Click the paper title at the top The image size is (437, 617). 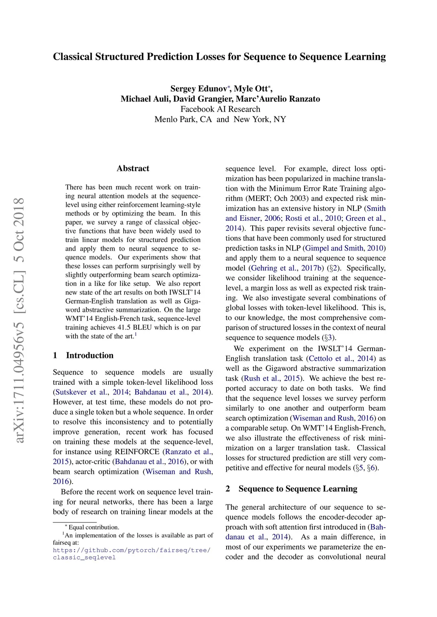tap(219, 57)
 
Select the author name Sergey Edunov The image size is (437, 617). tap(198, 89)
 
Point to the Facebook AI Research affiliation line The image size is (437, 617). tap(220, 109)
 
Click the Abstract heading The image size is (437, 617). tap(133, 168)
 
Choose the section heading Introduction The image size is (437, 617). tap(90, 355)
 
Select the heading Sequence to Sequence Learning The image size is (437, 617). tap(297, 489)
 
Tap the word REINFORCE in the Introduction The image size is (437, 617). tap(137, 452)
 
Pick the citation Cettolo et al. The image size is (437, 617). tap(330, 358)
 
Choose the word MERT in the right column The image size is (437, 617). tap(256, 199)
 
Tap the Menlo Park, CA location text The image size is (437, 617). tap(183, 119)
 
